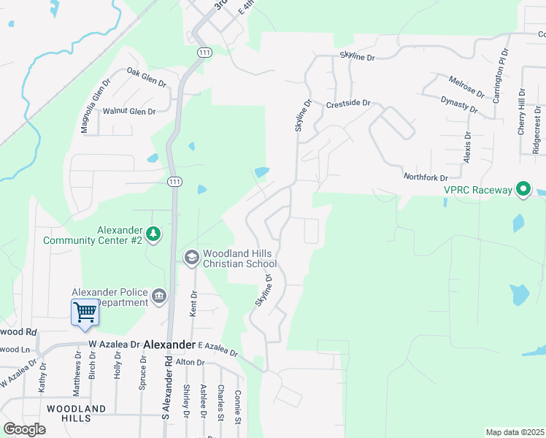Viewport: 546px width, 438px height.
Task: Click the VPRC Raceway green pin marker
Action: pyautogui.click(x=523, y=191)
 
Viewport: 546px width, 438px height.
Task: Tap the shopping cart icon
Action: pyautogui.click(x=85, y=312)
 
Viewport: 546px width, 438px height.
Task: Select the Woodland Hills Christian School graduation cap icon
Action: pyautogui.click(x=191, y=257)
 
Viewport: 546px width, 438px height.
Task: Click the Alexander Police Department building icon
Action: pyautogui.click(x=159, y=296)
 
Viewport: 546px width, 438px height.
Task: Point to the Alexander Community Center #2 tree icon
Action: pyautogui.click(x=153, y=234)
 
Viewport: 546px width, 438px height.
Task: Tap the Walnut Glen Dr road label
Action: pyautogui.click(x=129, y=112)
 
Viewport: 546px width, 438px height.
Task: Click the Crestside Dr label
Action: pyautogui.click(x=349, y=104)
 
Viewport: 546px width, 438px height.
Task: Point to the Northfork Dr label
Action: pyautogui.click(x=425, y=177)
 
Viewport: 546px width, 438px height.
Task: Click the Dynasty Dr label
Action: pyautogui.click(x=459, y=104)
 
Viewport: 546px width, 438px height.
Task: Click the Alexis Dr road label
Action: pyautogui.click(x=468, y=147)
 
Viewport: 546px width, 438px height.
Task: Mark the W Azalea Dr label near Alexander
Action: pyautogui.click(x=114, y=344)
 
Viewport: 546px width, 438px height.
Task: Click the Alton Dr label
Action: pyautogui.click(x=190, y=362)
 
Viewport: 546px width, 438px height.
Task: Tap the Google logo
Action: pyautogui.click(x=24, y=429)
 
